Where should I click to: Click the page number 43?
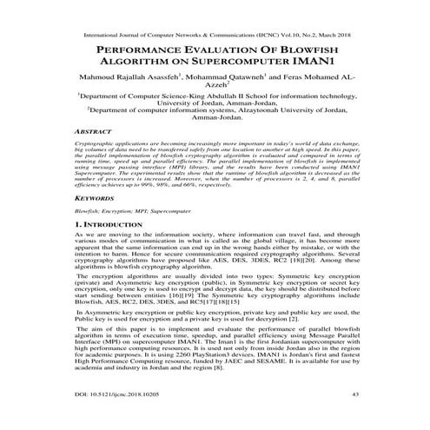[x=379, y=418]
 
